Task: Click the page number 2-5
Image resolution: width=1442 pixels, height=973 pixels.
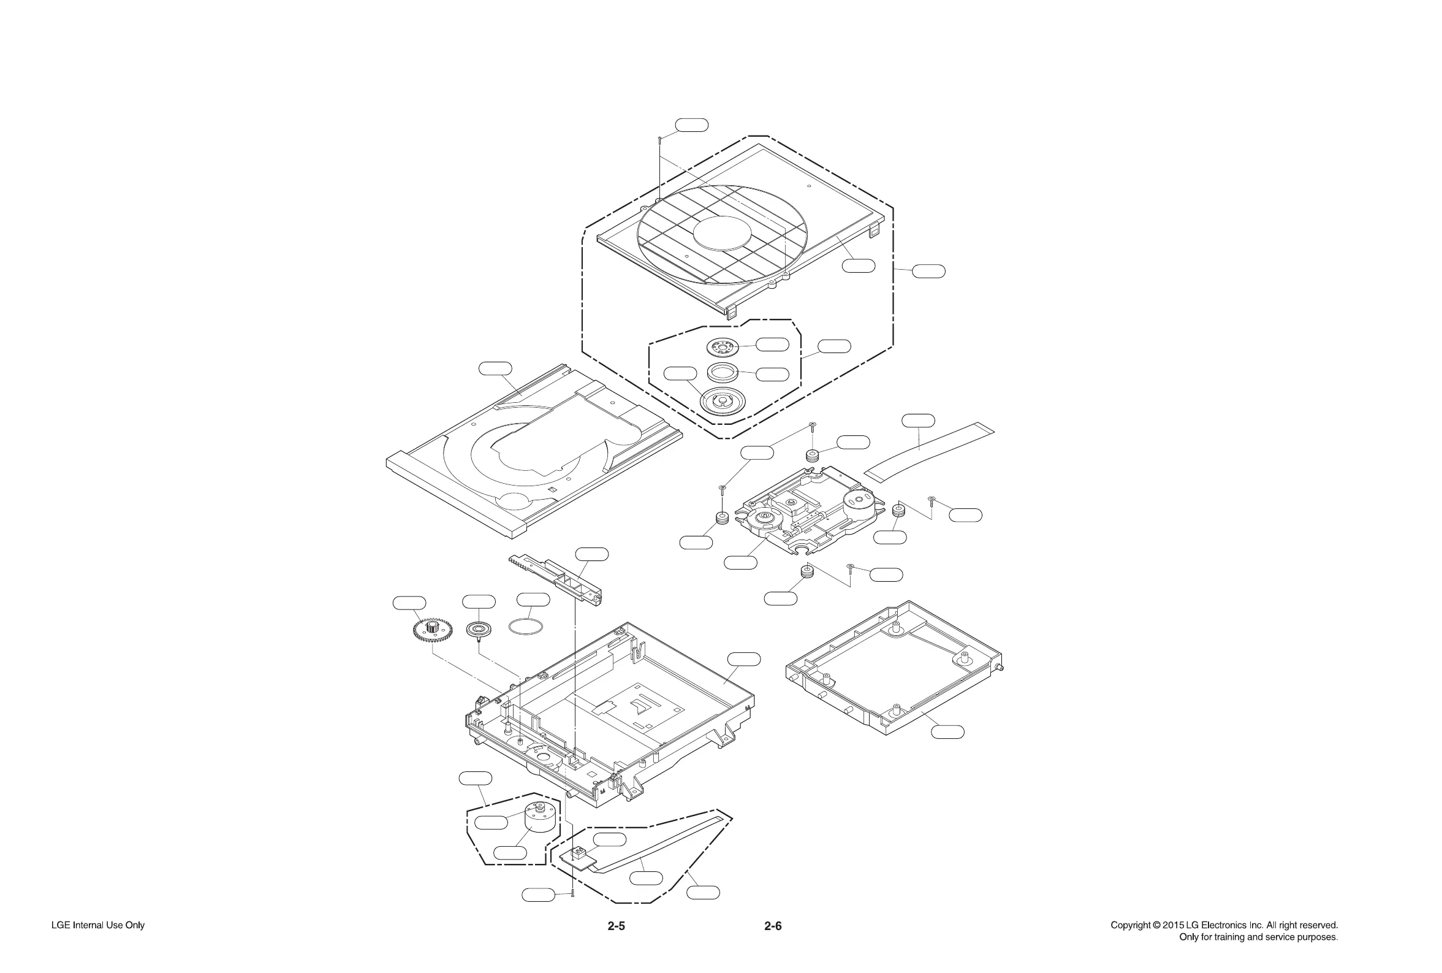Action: pyautogui.click(x=615, y=926)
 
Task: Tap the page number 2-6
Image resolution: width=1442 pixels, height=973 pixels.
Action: pyautogui.click(x=772, y=926)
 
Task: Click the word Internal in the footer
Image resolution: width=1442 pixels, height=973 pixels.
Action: pyautogui.click(x=89, y=925)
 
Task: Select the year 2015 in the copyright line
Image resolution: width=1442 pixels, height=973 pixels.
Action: pyautogui.click(x=1173, y=925)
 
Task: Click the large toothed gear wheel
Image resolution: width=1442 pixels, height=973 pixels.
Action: pyautogui.click(x=431, y=630)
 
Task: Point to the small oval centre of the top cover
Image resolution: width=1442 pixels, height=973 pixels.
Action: pyautogui.click(x=722, y=234)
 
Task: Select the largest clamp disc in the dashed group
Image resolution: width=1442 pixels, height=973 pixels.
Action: pyautogui.click(x=722, y=400)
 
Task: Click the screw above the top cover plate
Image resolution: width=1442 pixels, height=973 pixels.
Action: pyautogui.click(x=660, y=140)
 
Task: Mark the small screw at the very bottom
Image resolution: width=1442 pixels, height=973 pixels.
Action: pyautogui.click(x=572, y=893)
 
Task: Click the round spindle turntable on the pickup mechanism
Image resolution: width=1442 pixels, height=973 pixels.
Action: pyautogui.click(x=762, y=517)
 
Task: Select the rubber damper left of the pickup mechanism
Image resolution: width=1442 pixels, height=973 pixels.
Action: pyautogui.click(x=721, y=517)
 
